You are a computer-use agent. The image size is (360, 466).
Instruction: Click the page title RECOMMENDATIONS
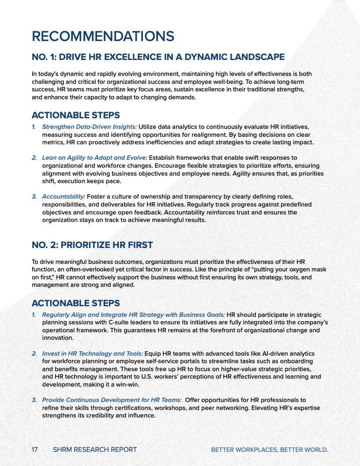(x=103, y=36)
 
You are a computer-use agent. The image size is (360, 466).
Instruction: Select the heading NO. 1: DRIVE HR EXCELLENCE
(x=158, y=57)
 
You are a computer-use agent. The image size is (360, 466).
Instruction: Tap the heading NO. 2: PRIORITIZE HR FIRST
(x=92, y=245)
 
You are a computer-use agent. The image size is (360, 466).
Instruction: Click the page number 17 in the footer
(x=34, y=450)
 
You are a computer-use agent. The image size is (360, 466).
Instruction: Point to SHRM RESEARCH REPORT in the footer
(x=94, y=450)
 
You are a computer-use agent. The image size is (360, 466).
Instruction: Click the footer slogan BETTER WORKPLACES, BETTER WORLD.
(x=270, y=450)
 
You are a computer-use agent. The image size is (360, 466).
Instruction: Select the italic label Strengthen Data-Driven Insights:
(x=89, y=127)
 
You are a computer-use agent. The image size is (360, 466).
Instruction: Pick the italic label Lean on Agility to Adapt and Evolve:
(x=95, y=158)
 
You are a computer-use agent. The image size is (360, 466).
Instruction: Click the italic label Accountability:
(x=64, y=197)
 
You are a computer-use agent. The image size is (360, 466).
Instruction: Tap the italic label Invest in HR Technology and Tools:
(x=92, y=354)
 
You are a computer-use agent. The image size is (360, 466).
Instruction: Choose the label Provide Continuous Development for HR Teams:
(x=112, y=400)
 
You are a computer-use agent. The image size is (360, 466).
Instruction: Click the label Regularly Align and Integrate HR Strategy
(x=133, y=315)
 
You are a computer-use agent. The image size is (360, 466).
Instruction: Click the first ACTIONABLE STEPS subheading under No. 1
(x=75, y=116)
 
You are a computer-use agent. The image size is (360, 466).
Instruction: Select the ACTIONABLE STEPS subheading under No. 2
(x=75, y=303)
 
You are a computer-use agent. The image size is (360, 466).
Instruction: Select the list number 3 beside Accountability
(x=34, y=197)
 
